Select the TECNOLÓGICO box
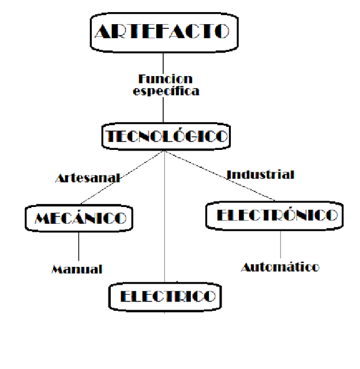165,136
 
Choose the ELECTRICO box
166,296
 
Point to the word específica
165,91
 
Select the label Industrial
261,174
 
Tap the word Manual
77,269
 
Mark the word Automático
280,267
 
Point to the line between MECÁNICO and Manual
78,247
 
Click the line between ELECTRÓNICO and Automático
280,244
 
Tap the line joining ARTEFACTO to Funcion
164,61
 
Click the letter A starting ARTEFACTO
103,31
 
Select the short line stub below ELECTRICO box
166,310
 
